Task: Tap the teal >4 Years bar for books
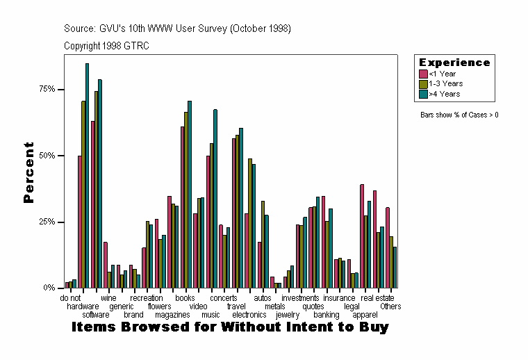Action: coord(190,195)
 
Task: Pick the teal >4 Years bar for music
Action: coord(215,199)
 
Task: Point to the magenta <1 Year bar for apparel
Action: coord(362,236)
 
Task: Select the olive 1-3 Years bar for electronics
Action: coord(249,223)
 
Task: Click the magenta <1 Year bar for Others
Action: coord(388,247)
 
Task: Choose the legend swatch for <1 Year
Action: coord(423,74)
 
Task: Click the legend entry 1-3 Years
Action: coord(445,83)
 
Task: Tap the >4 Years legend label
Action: coord(444,93)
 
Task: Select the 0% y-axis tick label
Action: coord(49,288)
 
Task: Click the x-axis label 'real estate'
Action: coord(377,298)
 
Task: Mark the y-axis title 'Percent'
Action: coord(28,172)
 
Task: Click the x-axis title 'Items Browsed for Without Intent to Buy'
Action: coord(230,327)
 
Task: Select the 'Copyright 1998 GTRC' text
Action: coord(106,46)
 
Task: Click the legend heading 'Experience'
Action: coord(454,63)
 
